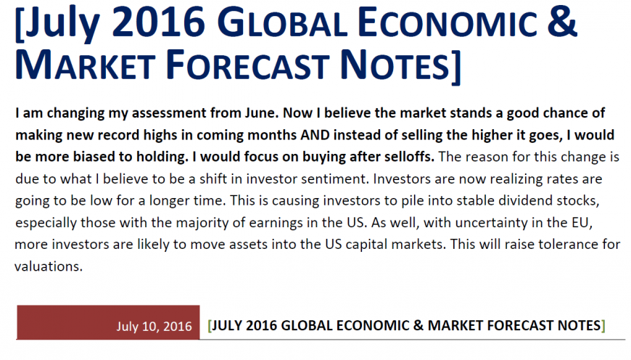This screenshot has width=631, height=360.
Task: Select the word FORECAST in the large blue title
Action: tap(247, 65)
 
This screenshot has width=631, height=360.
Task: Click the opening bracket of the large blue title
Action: tap(20, 24)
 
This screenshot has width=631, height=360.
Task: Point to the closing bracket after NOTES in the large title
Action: tap(455, 67)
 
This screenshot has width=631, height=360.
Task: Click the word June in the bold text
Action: tap(262, 113)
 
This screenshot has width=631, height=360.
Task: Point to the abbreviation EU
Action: tap(581, 222)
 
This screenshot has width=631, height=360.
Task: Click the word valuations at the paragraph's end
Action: tap(49, 266)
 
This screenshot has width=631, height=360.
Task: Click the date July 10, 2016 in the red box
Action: tap(154, 326)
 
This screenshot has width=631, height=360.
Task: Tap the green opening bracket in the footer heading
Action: tap(210, 325)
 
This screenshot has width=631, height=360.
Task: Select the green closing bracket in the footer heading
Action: tap(603, 325)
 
